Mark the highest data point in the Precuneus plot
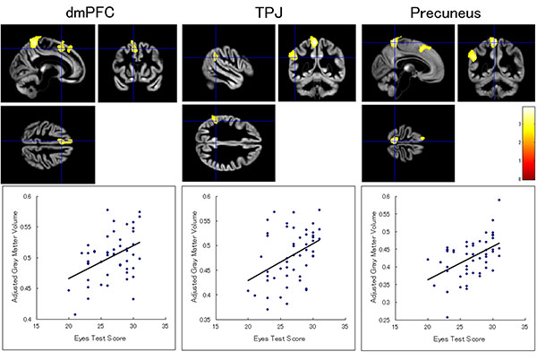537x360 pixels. coord(499,201)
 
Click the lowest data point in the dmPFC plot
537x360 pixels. coord(75,314)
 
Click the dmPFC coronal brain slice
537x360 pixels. coord(133,51)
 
